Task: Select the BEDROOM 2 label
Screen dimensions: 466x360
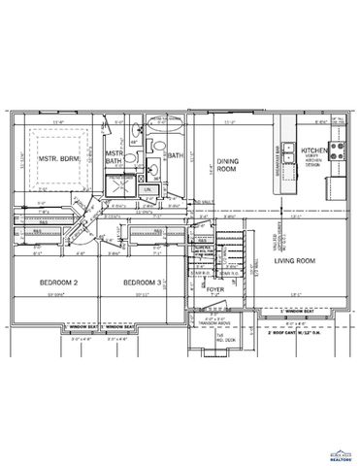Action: point(58,283)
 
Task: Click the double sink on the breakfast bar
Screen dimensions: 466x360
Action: point(289,130)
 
